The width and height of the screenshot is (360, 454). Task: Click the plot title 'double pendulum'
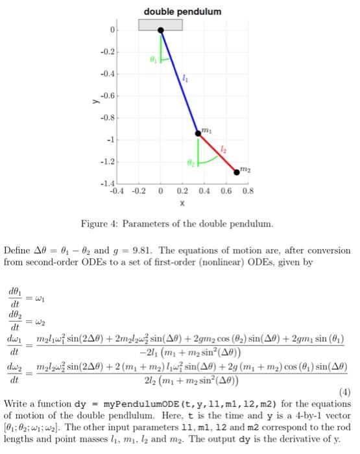point(182,12)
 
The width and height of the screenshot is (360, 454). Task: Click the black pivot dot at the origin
point(161,30)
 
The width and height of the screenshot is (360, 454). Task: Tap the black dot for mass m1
point(198,133)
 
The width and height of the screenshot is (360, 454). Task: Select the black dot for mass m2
point(236,171)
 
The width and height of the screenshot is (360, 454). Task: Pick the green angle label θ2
point(190,163)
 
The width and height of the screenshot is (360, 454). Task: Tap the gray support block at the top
point(160,24)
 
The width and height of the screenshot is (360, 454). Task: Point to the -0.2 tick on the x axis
point(139,192)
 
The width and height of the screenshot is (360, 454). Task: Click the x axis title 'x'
point(182,203)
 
